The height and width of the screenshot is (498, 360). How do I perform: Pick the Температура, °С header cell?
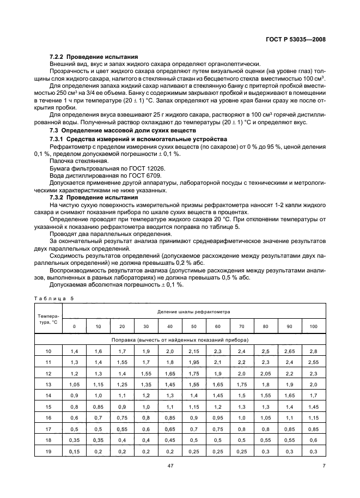click(x=48, y=318)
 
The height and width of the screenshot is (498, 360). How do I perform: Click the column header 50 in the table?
click(x=194, y=326)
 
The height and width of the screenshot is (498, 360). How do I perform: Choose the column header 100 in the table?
click(x=313, y=326)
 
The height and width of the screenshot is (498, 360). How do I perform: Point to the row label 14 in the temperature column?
click(x=48, y=394)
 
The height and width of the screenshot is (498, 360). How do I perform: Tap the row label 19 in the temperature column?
click(x=48, y=452)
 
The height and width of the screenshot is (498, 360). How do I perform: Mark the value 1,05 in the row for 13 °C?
click(x=75, y=384)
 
